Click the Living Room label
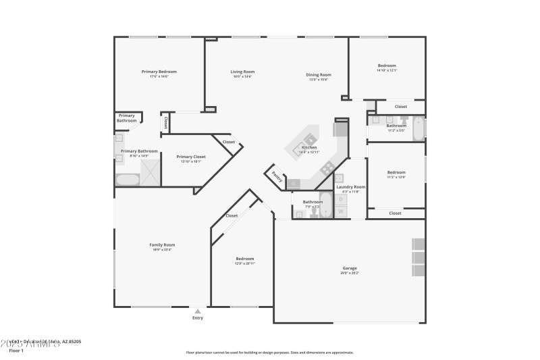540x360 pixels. click(242, 72)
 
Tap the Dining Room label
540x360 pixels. click(319, 75)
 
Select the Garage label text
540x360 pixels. click(349, 268)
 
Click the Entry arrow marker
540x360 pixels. click(197, 311)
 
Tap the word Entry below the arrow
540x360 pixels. click(197, 318)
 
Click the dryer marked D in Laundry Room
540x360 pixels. click(341, 199)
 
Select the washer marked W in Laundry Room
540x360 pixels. click(341, 211)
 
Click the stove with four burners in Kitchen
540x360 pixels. click(327, 168)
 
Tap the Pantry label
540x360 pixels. click(276, 176)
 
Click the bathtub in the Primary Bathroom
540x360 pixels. click(127, 180)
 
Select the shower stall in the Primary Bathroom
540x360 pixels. click(149, 168)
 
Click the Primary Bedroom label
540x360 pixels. click(159, 72)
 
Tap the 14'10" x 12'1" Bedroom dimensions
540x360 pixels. click(387, 70)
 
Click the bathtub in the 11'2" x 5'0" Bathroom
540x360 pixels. click(418, 128)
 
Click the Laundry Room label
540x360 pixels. click(351, 186)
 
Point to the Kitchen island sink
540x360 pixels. click(299, 145)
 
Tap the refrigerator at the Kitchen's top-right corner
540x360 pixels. click(340, 128)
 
